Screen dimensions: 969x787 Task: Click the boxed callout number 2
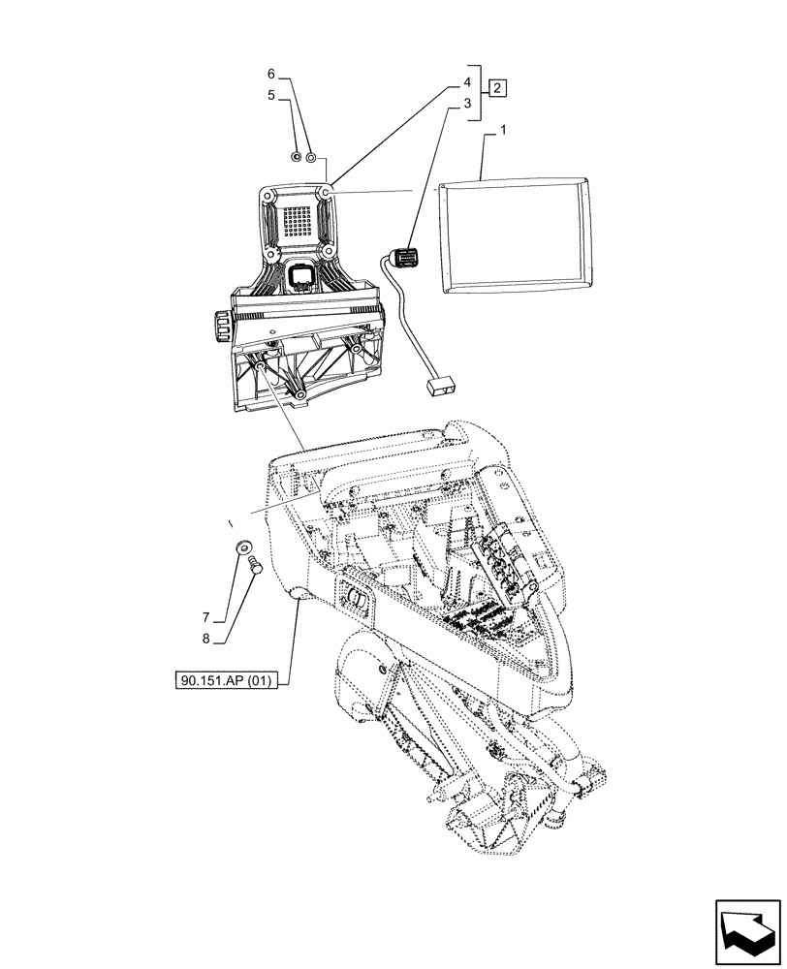pyautogui.click(x=496, y=89)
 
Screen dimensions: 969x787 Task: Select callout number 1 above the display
pyautogui.click(x=503, y=130)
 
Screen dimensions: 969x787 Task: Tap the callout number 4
pyautogui.click(x=466, y=82)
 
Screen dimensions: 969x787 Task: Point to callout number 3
pyautogui.click(x=466, y=102)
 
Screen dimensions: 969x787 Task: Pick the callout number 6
pyautogui.click(x=272, y=75)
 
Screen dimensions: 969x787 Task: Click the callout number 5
pyautogui.click(x=272, y=95)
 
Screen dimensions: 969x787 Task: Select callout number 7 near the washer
pyautogui.click(x=205, y=617)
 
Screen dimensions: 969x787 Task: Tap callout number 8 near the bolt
pyautogui.click(x=205, y=638)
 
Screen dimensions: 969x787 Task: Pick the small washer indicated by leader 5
pyautogui.click(x=297, y=157)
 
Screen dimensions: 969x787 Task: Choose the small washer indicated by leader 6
pyautogui.click(x=311, y=157)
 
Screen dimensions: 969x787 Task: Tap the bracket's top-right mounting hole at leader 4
pyautogui.click(x=328, y=196)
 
